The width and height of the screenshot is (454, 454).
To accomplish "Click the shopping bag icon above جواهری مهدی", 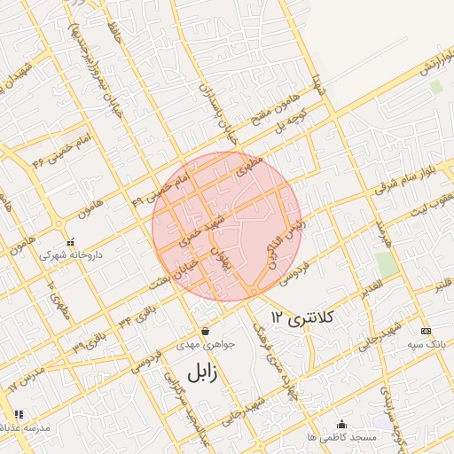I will coord(205,330).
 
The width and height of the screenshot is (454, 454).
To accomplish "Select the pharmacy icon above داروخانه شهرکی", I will coord(70,241).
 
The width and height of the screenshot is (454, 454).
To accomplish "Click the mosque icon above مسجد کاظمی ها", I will coord(342,425).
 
